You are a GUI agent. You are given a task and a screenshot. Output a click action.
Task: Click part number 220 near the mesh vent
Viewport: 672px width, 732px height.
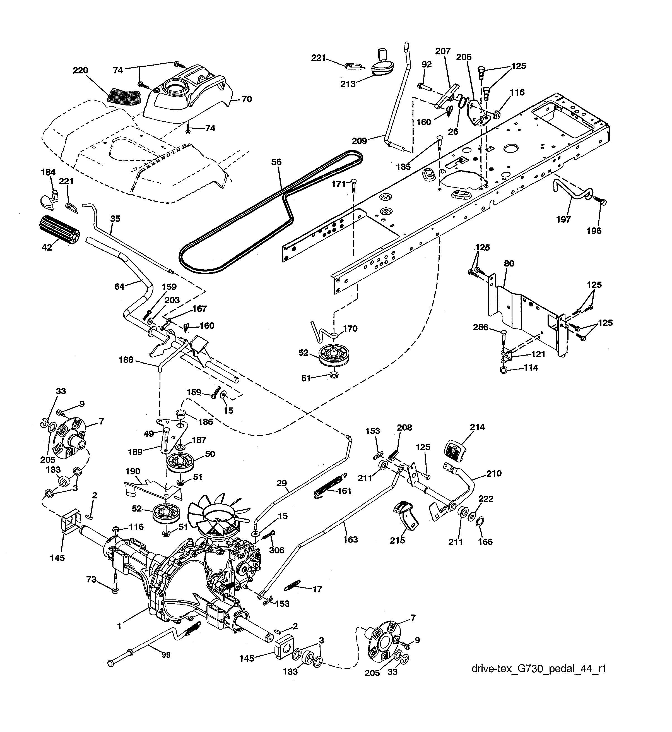pyautogui.click(x=80, y=70)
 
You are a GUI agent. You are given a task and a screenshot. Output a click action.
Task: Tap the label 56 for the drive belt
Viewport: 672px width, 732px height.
pyautogui.click(x=276, y=162)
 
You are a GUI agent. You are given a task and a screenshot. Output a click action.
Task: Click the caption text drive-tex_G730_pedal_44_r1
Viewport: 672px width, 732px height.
pyautogui.click(x=539, y=669)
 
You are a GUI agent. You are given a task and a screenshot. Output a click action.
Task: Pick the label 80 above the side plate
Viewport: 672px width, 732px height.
pyautogui.click(x=509, y=263)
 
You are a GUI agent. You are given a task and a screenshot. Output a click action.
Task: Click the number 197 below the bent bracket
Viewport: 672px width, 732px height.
pyautogui.click(x=563, y=219)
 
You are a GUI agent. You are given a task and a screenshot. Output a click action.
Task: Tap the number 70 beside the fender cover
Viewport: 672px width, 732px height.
pyautogui.click(x=247, y=99)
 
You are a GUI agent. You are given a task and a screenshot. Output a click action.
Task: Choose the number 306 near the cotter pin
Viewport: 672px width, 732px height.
pyautogui.click(x=277, y=550)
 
